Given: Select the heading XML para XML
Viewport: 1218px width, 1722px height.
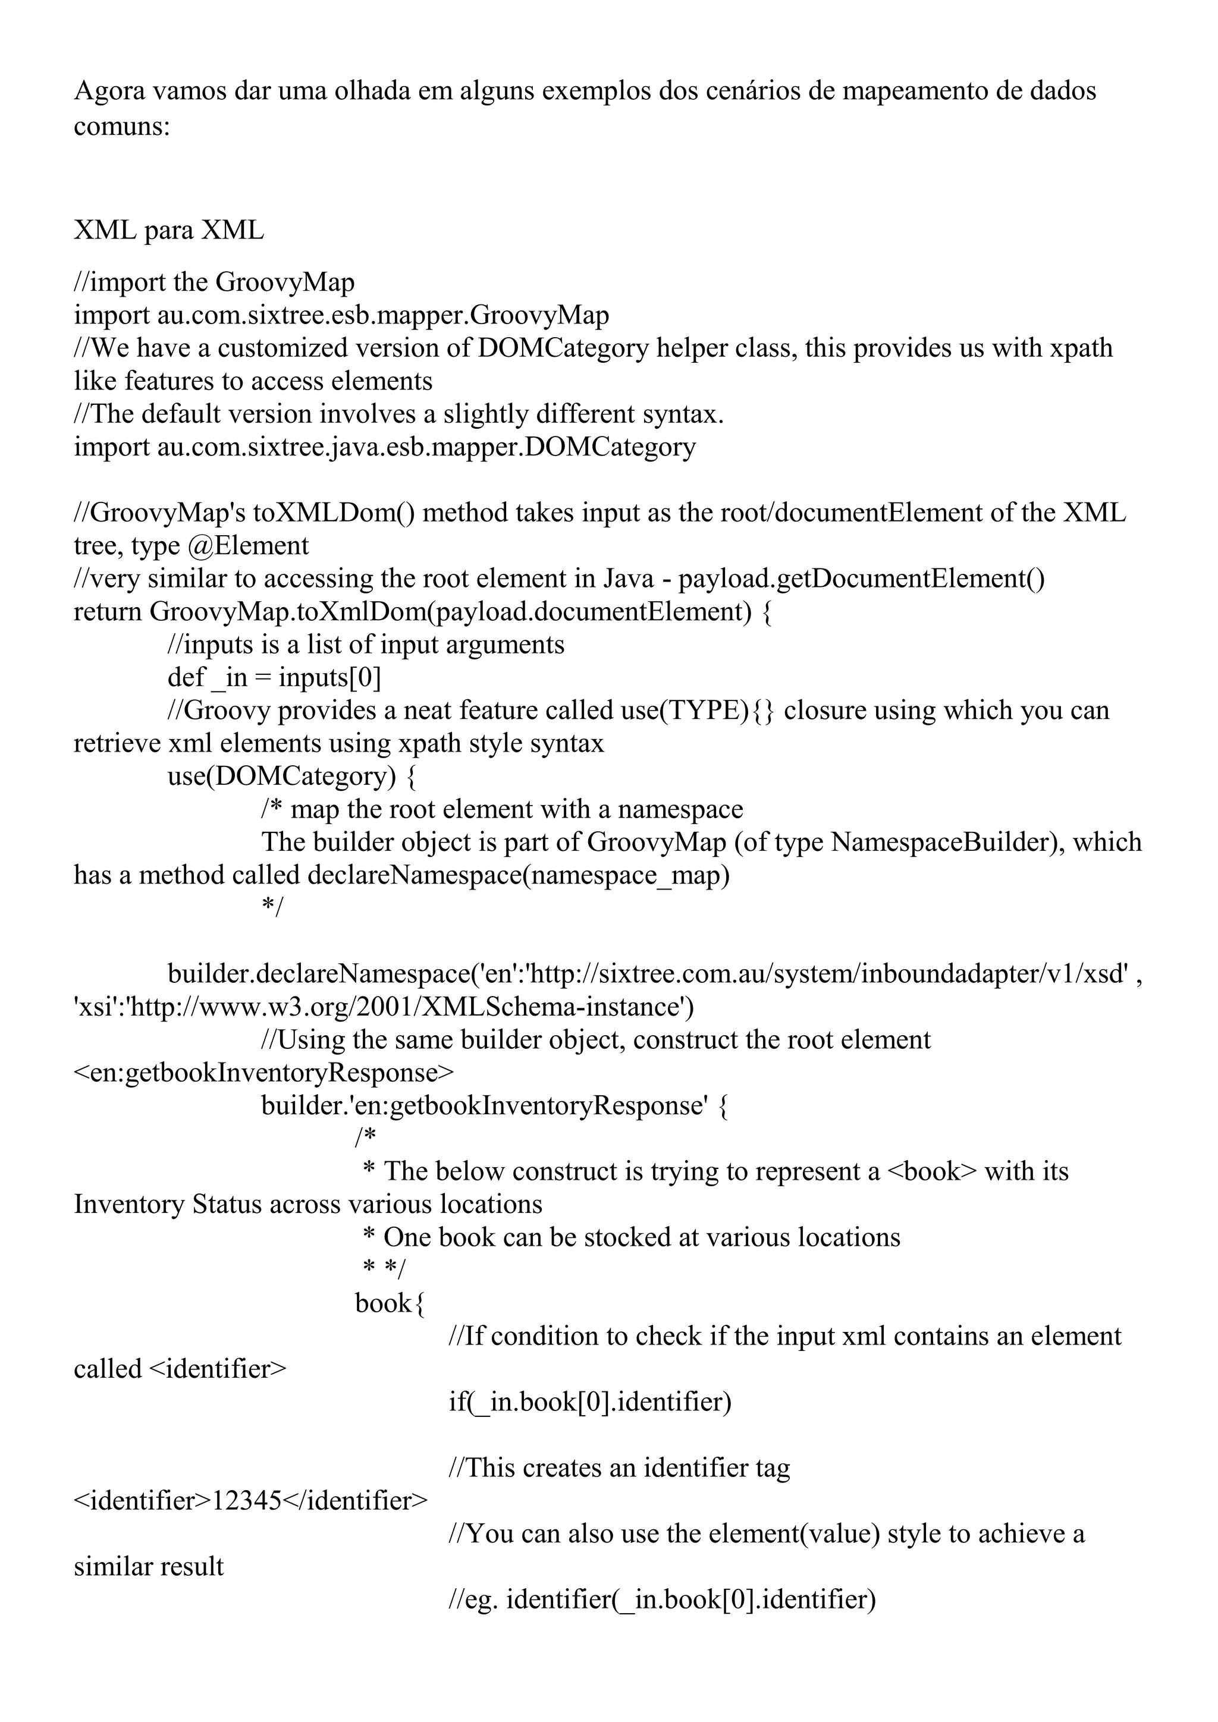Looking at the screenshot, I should point(169,230).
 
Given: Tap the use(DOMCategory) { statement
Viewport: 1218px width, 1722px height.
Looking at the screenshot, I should point(292,775).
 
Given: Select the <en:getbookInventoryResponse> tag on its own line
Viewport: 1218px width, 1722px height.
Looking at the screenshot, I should point(264,1073).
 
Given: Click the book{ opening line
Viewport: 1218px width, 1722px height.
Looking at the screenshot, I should point(390,1303).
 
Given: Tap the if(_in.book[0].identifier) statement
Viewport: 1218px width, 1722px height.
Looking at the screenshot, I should point(589,1402).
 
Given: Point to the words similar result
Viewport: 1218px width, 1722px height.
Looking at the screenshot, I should point(149,1567).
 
